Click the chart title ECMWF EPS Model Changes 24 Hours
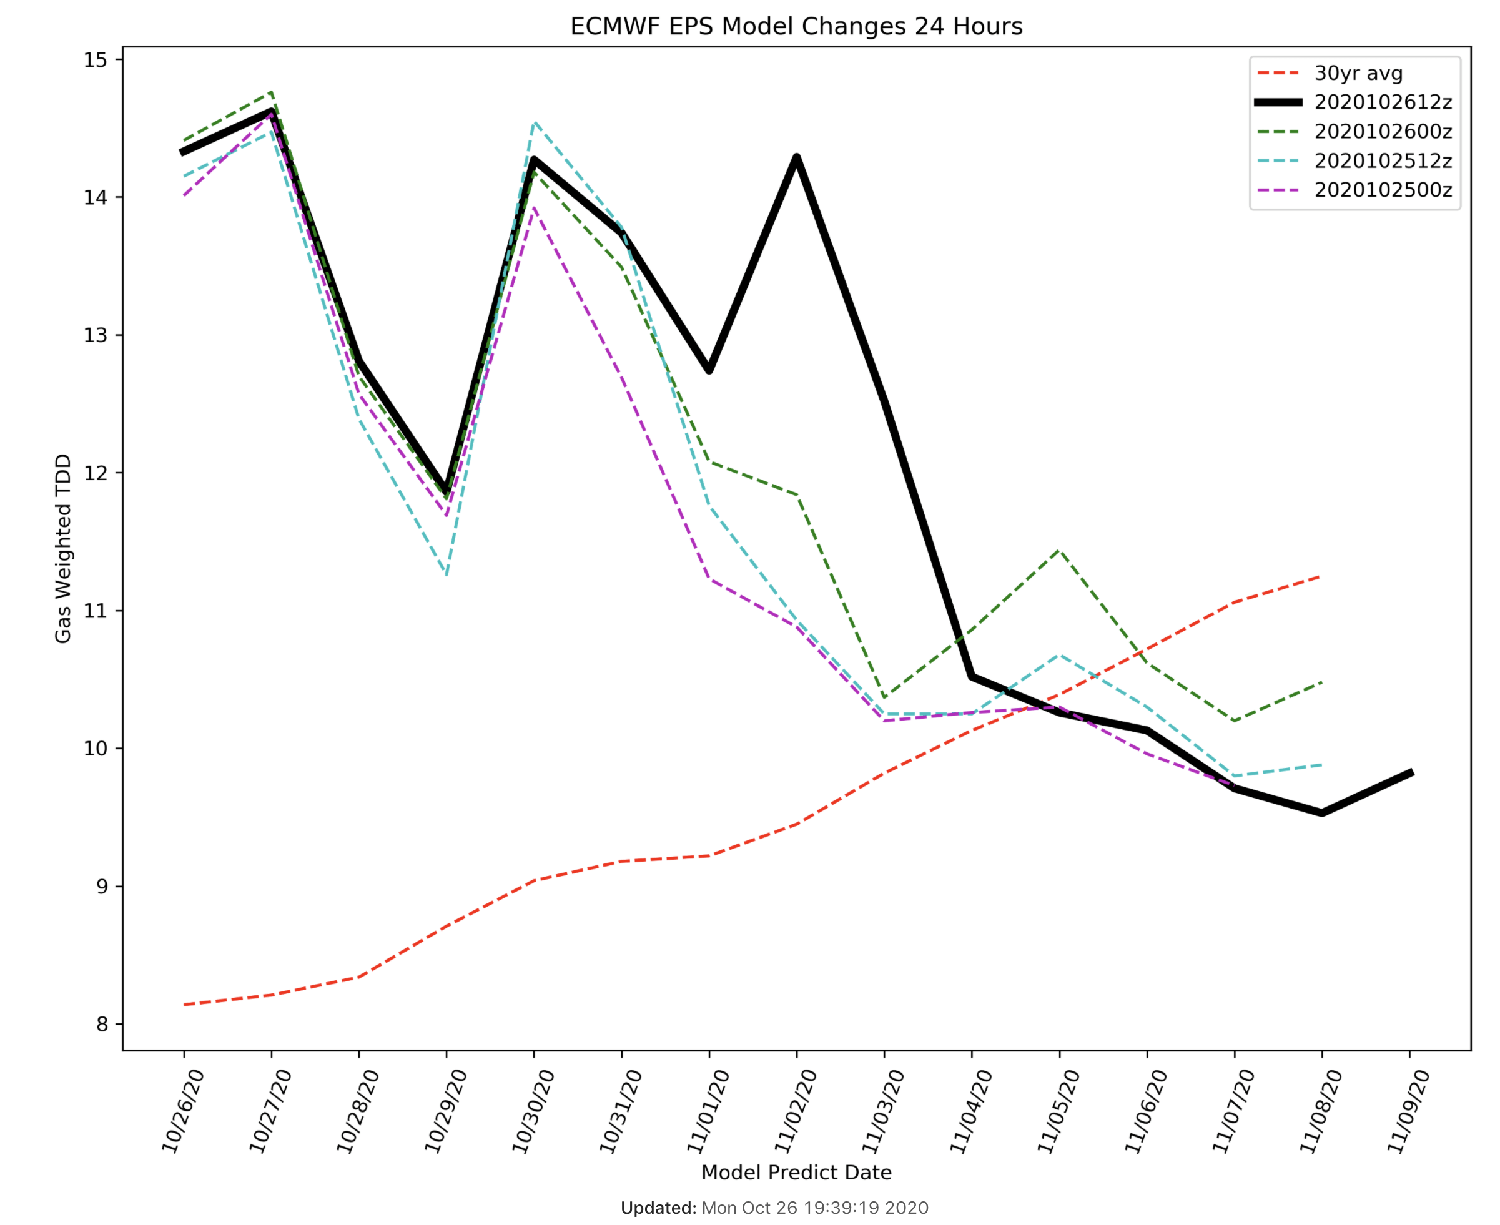tap(796, 27)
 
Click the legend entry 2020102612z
tap(1382, 102)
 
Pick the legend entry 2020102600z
tap(1382, 132)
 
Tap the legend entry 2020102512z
tap(1382, 161)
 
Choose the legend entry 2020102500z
tap(1382, 190)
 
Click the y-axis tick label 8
tap(102, 1024)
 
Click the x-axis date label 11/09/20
tap(1409, 1111)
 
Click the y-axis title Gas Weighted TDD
tap(64, 548)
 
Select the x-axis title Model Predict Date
tap(796, 1173)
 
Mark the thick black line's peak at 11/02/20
tap(797, 157)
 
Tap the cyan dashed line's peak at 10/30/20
tap(535, 123)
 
